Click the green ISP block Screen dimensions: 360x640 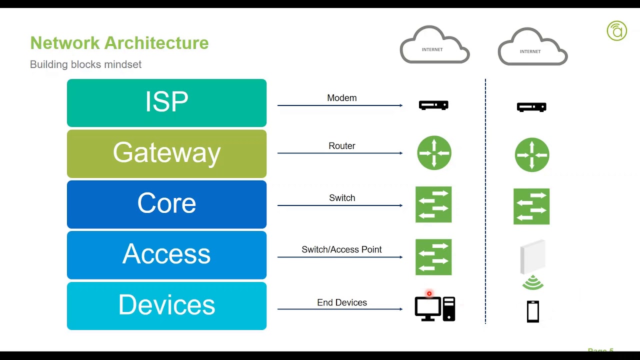coord(166,102)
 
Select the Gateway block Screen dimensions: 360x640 coord(166,153)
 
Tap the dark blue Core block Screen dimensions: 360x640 coord(166,204)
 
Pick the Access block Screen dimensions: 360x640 coord(166,254)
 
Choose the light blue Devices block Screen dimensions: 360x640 coord(166,305)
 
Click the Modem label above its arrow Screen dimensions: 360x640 coord(342,98)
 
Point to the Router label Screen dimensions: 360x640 coord(342,146)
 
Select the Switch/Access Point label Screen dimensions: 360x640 coord(341,249)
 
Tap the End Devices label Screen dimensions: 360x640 coord(342,302)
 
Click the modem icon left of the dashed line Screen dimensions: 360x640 coord(433,105)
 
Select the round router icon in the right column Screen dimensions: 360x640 coord(532,155)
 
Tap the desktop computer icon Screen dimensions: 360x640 coord(434,308)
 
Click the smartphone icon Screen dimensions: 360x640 coord(533,311)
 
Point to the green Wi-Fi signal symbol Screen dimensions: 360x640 coord(533,283)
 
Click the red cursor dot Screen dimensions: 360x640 coord(429,293)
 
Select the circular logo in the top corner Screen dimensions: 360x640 coord(616,30)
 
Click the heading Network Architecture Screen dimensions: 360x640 coord(119,43)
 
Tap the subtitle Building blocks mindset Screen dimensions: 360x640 coord(85,64)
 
